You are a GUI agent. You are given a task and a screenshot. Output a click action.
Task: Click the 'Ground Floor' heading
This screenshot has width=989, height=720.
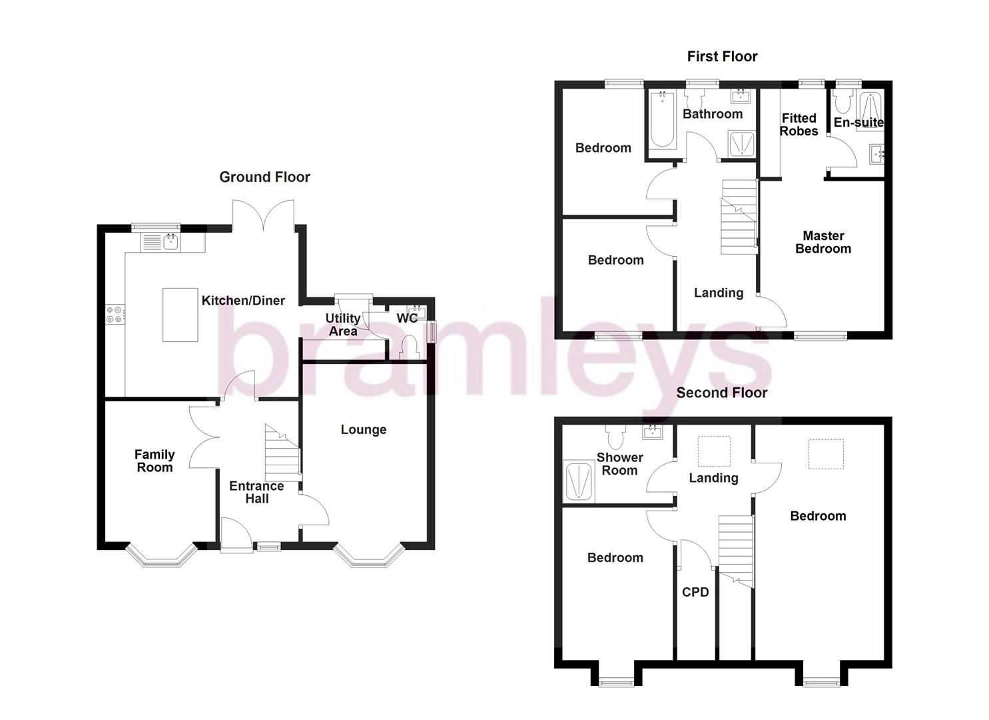point(264,177)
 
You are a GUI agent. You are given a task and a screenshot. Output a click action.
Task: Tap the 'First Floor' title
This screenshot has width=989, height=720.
point(722,57)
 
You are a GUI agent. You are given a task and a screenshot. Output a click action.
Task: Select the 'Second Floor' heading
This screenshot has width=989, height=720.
point(721,393)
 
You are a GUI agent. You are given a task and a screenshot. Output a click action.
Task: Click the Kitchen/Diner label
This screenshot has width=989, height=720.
point(243,301)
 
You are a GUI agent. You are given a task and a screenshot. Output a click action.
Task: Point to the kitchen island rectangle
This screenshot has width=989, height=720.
point(180,315)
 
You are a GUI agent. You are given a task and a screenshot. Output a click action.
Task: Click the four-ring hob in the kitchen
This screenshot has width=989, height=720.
point(114,314)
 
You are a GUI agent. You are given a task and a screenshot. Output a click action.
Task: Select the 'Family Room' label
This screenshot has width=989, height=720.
point(155,461)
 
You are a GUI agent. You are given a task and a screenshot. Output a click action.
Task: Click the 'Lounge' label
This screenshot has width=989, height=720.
point(363,430)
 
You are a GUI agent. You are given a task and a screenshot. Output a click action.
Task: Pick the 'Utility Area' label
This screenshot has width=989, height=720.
point(342,325)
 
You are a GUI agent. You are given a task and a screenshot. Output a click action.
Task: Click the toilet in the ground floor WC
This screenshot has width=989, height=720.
point(408,347)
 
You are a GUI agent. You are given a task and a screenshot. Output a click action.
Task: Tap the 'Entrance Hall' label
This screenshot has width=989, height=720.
point(256,492)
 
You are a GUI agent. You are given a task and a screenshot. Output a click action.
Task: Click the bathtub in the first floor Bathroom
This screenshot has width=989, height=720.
point(661,120)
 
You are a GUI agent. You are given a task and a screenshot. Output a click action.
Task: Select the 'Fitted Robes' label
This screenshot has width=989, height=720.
point(799,125)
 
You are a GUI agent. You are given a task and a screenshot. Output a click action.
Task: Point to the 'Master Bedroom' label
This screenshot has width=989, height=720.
point(823,242)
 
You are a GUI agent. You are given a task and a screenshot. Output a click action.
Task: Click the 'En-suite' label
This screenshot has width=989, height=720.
point(858,123)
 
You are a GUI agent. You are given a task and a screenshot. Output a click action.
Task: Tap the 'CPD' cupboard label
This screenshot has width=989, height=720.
point(695,592)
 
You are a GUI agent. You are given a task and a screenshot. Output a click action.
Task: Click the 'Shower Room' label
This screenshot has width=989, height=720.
point(619,464)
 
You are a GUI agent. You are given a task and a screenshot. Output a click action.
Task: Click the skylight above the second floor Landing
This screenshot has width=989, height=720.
point(713,451)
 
